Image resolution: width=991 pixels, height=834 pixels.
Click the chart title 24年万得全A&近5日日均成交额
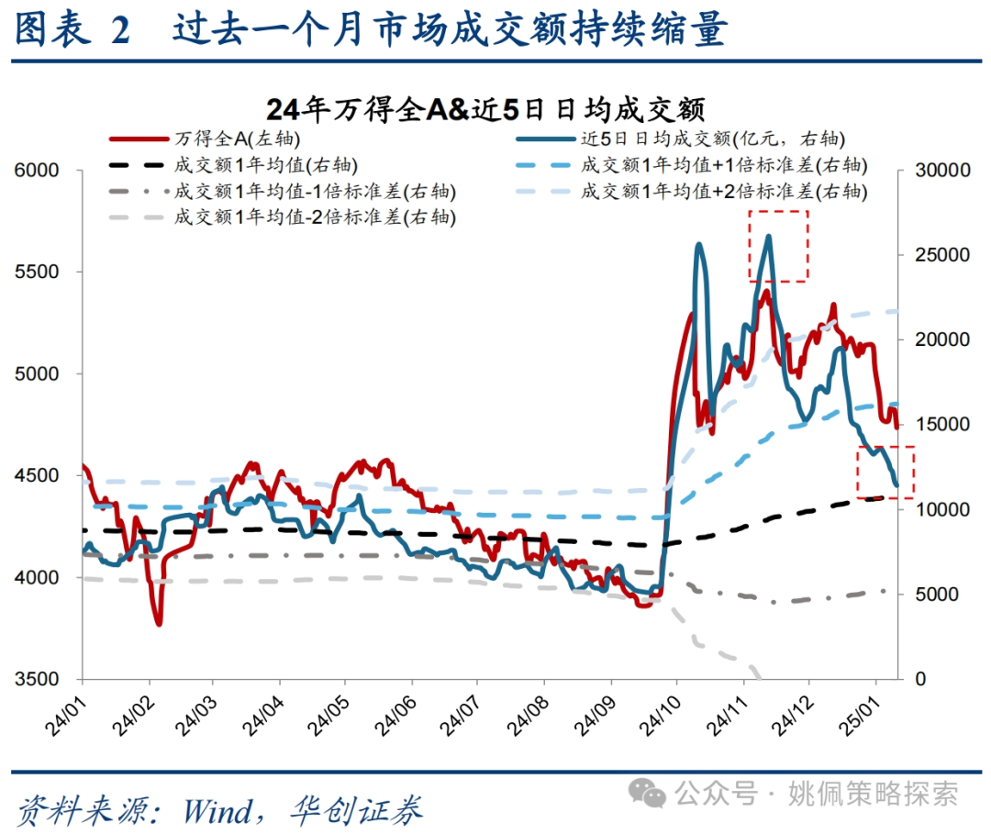pos(485,109)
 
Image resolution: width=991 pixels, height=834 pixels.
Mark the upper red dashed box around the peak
pos(778,245)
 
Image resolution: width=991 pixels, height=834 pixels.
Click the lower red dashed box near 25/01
pos(885,472)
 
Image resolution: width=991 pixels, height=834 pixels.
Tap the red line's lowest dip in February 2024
pos(159,624)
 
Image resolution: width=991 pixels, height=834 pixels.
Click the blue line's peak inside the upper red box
pos(768,237)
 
